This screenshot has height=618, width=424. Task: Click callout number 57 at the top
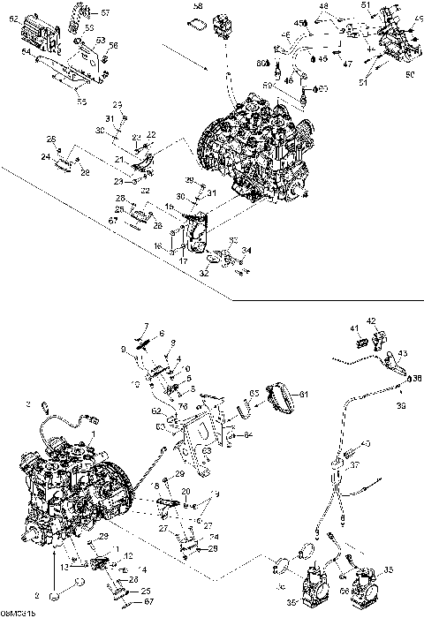click(x=106, y=13)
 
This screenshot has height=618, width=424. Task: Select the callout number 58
click(x=198, y=7)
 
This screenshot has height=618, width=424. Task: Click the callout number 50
click(x=410, y=75)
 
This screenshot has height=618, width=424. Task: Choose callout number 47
click(x=347, y=64)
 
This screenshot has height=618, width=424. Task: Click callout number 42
click(x=371, y=320)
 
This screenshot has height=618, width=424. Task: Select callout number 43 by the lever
click(x=404, y=353)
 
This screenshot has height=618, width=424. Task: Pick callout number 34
click(x=246, y=250)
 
